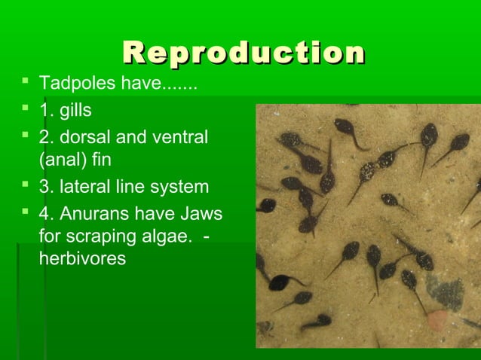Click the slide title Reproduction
point(243,53)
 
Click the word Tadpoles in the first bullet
point(69,82)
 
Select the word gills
point(76,110)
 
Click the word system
point(180,187)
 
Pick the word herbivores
point(82,258)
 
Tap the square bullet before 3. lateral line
point(26,184)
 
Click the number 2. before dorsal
point(46,138)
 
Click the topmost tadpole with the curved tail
point(348,128)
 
